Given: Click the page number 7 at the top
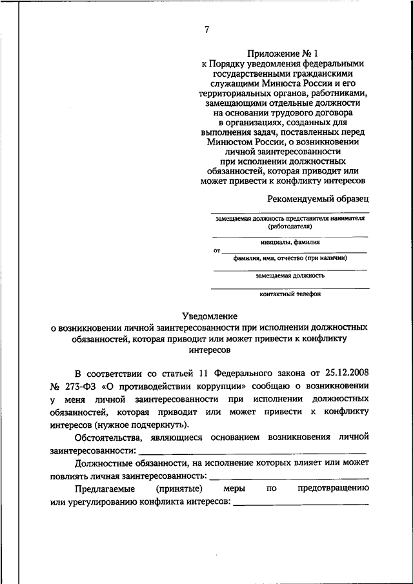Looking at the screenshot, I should (x=206, y=29).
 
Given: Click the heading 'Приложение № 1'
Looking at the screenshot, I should (x=283, y=52).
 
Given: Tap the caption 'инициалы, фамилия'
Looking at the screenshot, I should (x=290, y=242).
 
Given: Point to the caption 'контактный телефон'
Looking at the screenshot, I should (x=290, y=294).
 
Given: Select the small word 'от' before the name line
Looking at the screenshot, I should (x=216, y=250).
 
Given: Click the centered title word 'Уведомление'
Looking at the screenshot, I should (x=210, y=316).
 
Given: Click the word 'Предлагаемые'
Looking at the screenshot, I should (x=105, y=488).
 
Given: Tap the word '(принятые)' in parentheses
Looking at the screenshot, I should (x=183, y=488).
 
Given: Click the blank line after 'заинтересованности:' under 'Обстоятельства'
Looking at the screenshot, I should (x=253, y=452).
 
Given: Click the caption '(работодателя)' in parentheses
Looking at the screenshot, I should (x=290, y=227).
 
